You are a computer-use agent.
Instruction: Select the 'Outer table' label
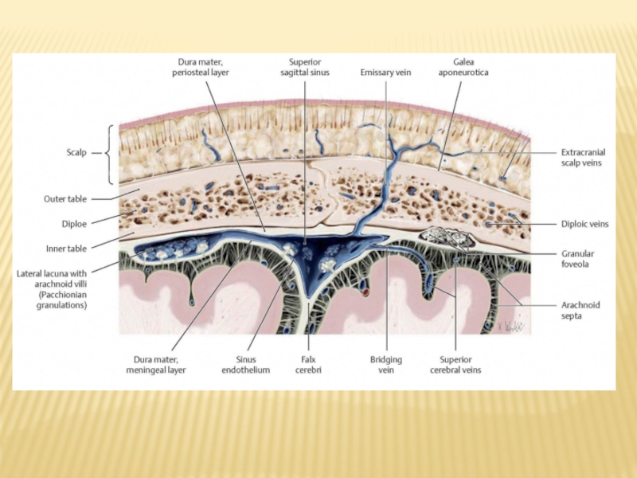click(66, 198)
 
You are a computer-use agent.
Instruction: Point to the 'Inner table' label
click(68, 247)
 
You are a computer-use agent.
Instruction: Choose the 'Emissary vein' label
click(385, 72)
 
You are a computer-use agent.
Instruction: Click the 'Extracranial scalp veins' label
click(581, 157)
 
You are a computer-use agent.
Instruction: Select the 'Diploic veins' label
click(584, 225)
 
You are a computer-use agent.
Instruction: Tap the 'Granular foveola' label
click(580, 259)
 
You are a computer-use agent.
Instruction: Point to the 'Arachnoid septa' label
click(580, 310)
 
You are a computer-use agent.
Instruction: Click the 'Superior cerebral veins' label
click(455, 364)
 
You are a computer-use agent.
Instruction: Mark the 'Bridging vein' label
click(386, 364)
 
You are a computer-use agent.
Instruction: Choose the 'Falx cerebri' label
click(307, 364)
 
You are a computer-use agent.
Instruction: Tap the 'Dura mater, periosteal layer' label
click(201, 66)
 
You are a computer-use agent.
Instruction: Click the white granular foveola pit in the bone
click(440, 235)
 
